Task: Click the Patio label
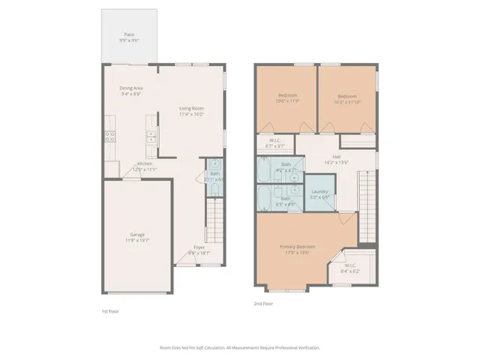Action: click(130, 34)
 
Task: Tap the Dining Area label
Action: click(131, 88)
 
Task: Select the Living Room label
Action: click(191, 109)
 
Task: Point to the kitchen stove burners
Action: click(109, 136)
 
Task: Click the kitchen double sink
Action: click(151, 136)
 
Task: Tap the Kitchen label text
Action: click(144, 164)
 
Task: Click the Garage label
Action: click(136, 235)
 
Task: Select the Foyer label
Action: click(199, 247)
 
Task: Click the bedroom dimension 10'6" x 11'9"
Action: click(287, 100)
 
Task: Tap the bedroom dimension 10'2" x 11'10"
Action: click(346, 100)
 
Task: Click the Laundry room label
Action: click(319, 193)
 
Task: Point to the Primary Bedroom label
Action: click(297, 247)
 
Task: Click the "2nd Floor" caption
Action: click(264, 304)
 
